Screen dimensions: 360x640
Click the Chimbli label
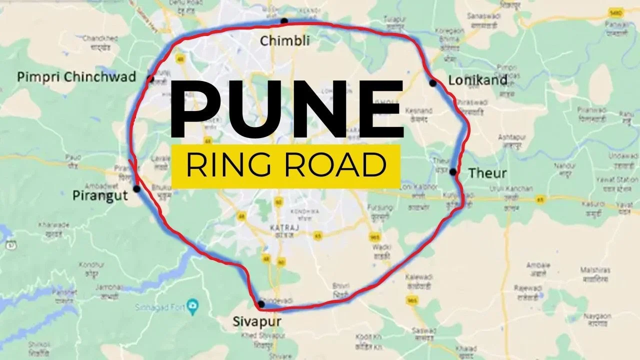tap(284, 40)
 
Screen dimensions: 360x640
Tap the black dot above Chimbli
tap(284, 21)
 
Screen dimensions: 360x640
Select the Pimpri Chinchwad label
tap(76, 76)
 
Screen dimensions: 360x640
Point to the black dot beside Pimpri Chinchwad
tap(149, 78)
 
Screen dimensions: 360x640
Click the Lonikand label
tap(477, 80)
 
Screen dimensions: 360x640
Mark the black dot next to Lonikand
tap(433, 83)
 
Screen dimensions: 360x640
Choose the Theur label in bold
tap(487, 173)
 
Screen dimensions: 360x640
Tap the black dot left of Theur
tap(452, 172)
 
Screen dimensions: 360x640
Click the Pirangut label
tap(100, 195)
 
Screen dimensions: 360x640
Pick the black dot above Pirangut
tap(136, 188)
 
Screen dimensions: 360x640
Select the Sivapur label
tap(257, 321)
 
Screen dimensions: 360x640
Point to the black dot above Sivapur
tap(261, 304)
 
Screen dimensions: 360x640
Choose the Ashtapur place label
tap(511, 137)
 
